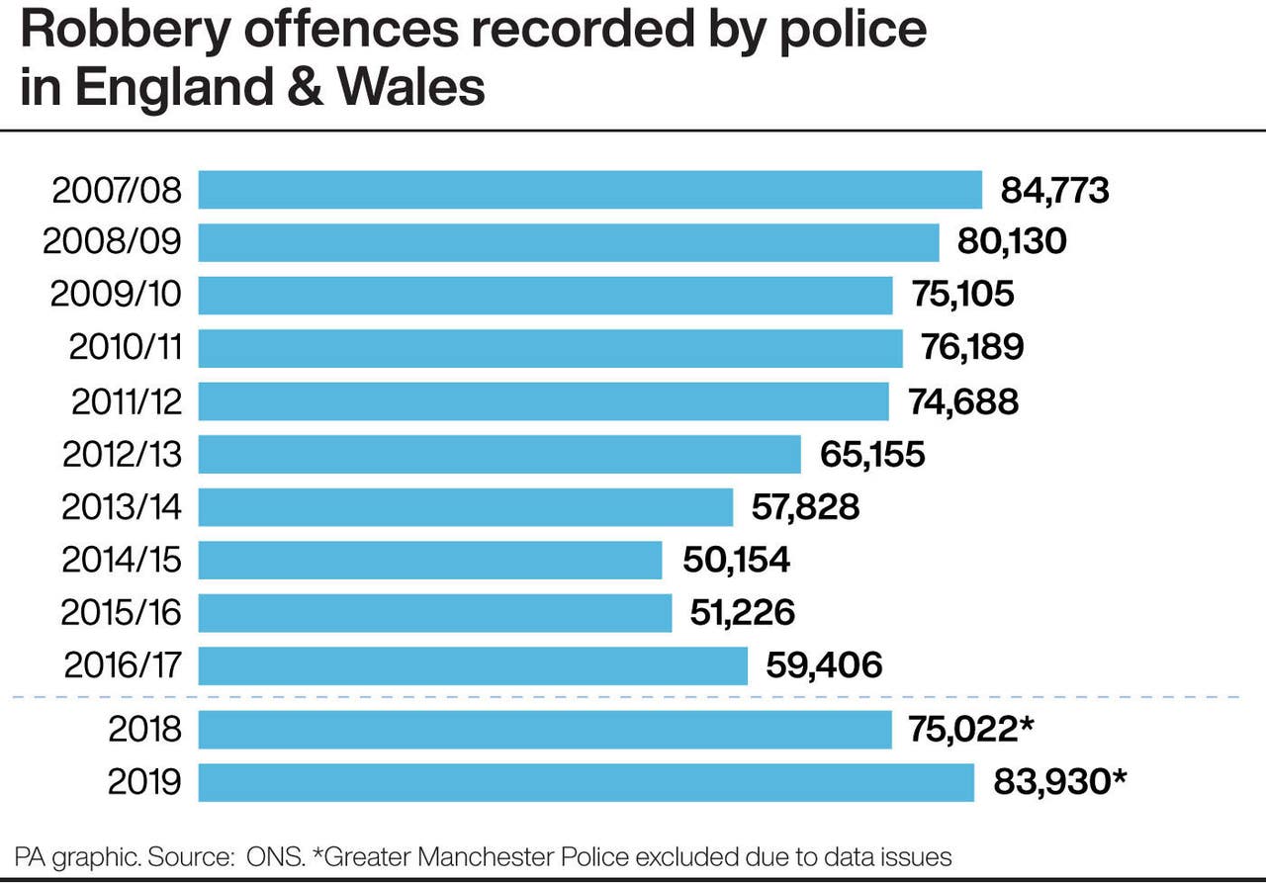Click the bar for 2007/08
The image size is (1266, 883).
click(589, 190)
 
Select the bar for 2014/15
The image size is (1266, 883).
click(430, 560)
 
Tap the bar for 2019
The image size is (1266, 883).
click(586, 782)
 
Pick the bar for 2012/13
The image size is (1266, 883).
click(499, 454)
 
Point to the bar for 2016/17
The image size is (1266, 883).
click(473, 665)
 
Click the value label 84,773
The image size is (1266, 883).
click(1054, 190)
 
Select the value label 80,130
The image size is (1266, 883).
click(1012, 242)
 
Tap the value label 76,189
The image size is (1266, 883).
click(972, 348)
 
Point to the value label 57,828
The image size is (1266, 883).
click(805, 507)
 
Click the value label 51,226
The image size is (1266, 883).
click(742, 613)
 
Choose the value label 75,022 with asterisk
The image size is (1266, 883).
click(971, 730)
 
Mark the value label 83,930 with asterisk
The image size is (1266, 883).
click(1059, 782)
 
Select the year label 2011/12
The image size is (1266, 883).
click(127, 401)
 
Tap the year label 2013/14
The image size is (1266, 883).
click(122, 507)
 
